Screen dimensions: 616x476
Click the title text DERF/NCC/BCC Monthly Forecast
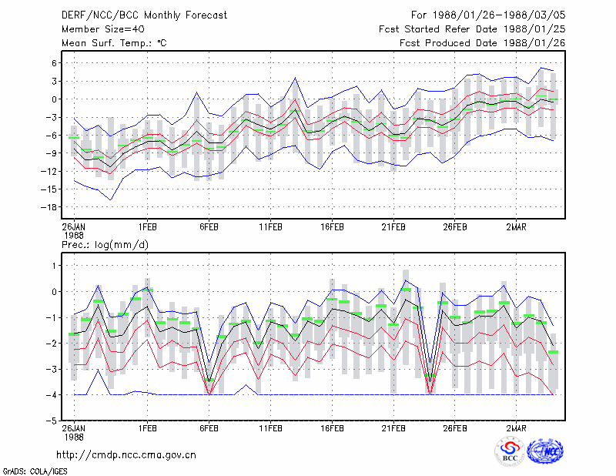[144, 15]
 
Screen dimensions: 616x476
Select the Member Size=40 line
[103, 29]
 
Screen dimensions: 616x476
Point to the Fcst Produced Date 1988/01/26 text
[482, 43]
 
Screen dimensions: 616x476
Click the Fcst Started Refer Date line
[472, 29]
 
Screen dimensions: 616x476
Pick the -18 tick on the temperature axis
[49, 207]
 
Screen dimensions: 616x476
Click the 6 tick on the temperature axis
[54, 63]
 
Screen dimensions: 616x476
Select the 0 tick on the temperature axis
[54, 99]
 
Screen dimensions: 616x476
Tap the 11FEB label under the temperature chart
[270, 227]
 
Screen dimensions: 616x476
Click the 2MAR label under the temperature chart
[516, 227]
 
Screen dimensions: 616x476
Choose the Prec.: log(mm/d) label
[105, 245]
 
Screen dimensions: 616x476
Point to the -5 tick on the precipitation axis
[52, 421]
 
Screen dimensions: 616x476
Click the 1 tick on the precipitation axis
[54, 266]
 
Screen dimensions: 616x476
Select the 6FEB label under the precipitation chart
[209, 428]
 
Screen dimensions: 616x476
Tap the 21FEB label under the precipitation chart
[393, 428]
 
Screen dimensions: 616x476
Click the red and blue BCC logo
[509, 452]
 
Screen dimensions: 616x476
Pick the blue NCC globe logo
[545, 451]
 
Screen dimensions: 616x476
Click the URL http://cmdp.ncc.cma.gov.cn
[126, 455]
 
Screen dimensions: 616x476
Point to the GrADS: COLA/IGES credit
[35, 471]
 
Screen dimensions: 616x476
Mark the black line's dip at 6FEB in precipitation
[209, 381]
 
